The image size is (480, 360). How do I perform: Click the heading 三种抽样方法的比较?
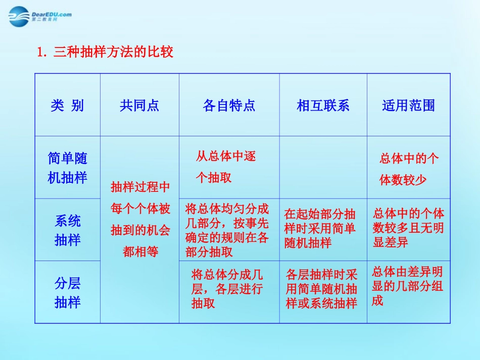point(106,52)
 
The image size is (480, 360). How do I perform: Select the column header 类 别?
point(67,106)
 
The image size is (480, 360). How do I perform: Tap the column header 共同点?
point(139,106)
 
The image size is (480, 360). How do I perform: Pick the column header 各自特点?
point(229,106)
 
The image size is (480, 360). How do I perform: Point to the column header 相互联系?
point(323,106)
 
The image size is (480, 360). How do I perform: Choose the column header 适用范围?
point(408,106)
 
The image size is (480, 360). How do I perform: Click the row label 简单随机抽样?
point(67,168)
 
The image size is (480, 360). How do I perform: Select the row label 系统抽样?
point(67,230)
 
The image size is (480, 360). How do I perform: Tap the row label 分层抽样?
point(67,292)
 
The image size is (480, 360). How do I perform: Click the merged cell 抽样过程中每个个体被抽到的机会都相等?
point(140,220)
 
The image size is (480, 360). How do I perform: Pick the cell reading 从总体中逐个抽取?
point(226,167)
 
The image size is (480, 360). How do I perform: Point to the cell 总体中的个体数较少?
point(409,169)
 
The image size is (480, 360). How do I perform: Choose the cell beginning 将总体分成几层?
point(227,289)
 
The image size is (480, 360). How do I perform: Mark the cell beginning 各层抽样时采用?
point(322,289)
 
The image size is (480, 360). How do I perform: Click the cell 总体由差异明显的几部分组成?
point(407,286)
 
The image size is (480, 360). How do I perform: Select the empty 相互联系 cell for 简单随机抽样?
point(323,168)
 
